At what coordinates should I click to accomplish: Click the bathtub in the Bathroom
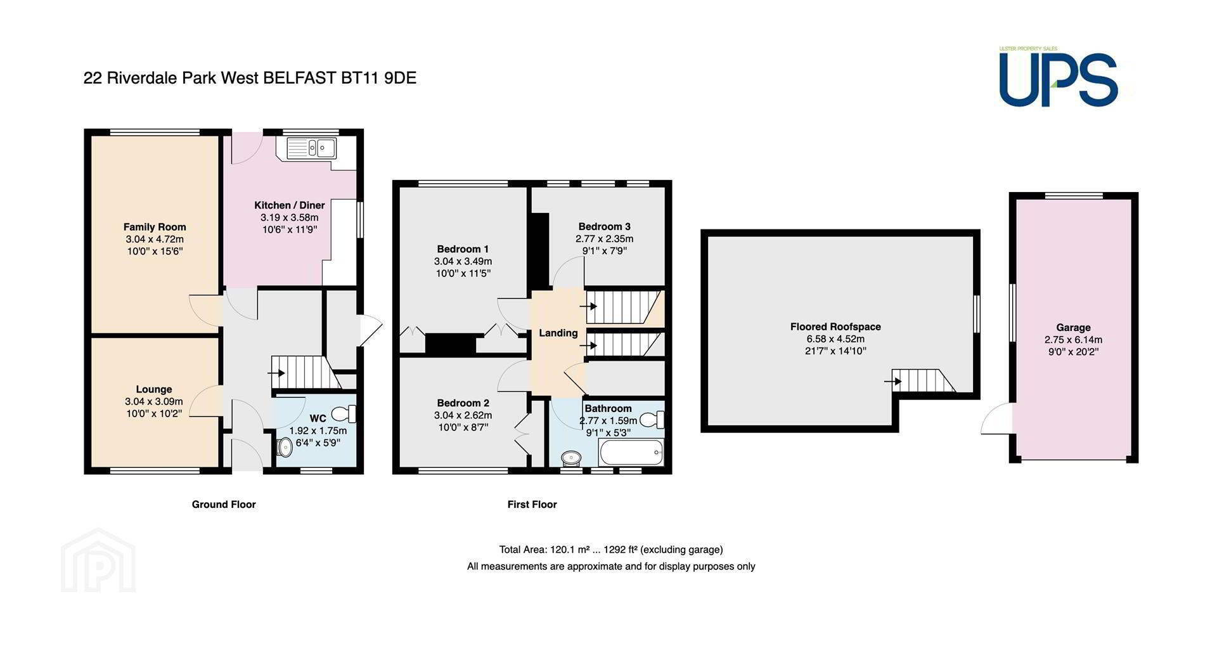(x=631, y=453)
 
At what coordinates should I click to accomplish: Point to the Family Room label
(x=155, y=227)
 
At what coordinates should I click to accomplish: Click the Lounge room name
(x=154, y=389)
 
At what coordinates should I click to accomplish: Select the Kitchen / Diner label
(x=290, y=205)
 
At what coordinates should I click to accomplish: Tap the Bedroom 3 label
(x=605, y=226)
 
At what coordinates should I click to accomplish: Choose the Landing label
(x=558, y=333)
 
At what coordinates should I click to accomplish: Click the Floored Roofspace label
(x=835, y=327)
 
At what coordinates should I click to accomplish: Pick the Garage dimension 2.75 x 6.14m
(x=1074, y=340)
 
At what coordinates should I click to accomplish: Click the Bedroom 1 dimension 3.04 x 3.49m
(x=463, y=261)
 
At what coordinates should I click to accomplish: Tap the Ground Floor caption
(x=224, y=505)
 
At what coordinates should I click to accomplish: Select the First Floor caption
(x=532, y=505)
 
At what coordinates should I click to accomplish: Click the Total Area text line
(x=611, y=550)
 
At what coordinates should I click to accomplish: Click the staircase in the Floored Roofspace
(x=924, y=381)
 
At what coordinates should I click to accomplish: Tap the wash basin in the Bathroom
(x=572, y=457)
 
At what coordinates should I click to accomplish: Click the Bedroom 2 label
(x=463, y=403)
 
